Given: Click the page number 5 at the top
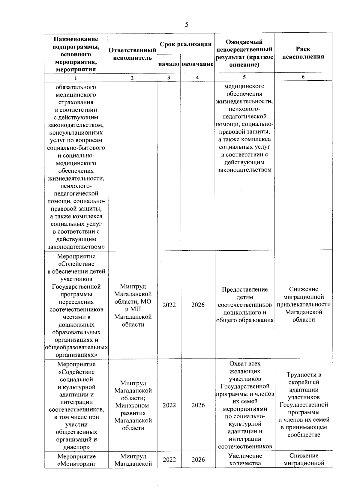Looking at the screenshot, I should click(187, 25).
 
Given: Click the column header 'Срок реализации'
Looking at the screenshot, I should click(186, 44).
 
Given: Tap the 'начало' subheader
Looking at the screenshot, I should click(169, 64).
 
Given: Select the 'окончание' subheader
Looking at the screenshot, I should click(197, 64).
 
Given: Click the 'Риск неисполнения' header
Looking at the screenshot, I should click(303, 53).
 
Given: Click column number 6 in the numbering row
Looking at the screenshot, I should click(303, 77).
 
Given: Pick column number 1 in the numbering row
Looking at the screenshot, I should click(76, 78).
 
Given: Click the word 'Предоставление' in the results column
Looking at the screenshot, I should click(245, 290).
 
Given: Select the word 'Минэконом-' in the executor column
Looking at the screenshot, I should click(133, 406).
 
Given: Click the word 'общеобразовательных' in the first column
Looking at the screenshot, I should click(76, 347).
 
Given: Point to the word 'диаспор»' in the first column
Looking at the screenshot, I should click(76, 447).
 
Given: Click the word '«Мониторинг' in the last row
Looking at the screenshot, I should click(76, 464).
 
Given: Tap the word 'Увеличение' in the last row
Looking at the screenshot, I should click(245, 456).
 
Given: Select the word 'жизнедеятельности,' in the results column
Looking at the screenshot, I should click(244, 101).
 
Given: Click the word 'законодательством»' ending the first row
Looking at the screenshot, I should click(76, 247).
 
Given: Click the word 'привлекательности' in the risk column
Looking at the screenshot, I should click(304, 305).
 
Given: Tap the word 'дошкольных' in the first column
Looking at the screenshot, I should click(76, 325).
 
